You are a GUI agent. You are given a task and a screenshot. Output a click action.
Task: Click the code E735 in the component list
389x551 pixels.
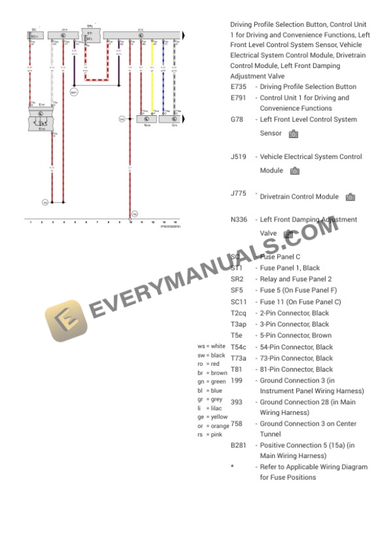pyautogui.click(x=240, y=87)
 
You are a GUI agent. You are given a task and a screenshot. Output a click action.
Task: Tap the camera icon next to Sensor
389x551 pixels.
pyautogui.click(x=293, y=134)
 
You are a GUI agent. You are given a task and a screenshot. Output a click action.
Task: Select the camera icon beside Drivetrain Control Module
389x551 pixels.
pyautogui.click(x=350, y=197)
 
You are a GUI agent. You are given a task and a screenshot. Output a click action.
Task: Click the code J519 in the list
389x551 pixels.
pyautogui.click(x=239, y=157)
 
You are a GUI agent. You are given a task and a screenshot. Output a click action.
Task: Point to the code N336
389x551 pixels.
pyautogui.click(x=240, y=220)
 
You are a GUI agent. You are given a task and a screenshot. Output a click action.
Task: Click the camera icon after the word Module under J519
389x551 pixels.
pyautogui.click(x=294, y=171)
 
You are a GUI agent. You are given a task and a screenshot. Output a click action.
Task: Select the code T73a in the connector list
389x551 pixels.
pyautogui.click(x=238, y=358)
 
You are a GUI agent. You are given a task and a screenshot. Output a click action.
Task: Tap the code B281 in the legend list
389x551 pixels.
pyautogui.click(x=239, y=445)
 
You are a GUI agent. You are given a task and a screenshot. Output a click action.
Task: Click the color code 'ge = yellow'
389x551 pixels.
pyautogui.click(x=212, y=417)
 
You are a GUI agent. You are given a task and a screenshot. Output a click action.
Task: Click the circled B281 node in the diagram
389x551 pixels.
pyautogui.click(x=74, y=92)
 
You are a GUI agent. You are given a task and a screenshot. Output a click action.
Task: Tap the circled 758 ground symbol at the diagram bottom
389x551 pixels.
pyautogui.click(x=134, y=214)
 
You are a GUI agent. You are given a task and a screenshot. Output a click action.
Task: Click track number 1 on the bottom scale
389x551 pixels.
pyautogui.click(x=31, y=222)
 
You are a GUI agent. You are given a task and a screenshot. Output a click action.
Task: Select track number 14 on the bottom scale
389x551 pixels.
pyautogui.click(x=175, y=222)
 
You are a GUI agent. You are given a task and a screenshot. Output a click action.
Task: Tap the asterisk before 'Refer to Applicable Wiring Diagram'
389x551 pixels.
pyautogui.click(x=233, y=466)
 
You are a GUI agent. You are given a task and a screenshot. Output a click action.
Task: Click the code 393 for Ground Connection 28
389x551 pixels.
pyautogui.click(x=236, y=402)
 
